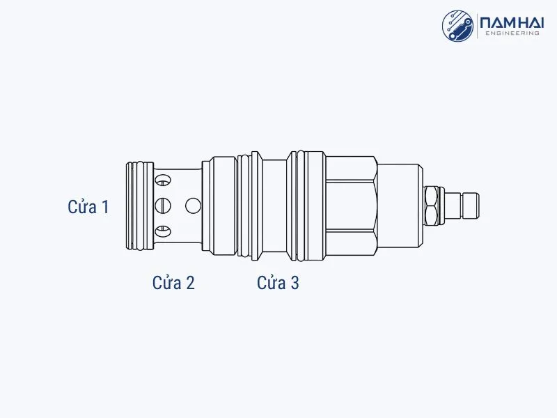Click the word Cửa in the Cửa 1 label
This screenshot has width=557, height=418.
click(x=82, y=206)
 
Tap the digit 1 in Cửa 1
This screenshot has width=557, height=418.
click(x=105, y=207)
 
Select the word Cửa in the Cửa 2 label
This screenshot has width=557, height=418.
click(x=166, y=283)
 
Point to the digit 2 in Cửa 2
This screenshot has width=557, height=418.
click(x=190, y=283)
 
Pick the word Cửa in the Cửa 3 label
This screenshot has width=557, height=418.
click(x=272, y=283)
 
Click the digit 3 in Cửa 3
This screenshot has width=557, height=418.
click(x=295, y=283)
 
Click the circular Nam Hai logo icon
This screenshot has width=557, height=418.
click(x=457, y=26)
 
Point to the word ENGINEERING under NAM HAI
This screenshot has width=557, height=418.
click(x=512, y=33)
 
